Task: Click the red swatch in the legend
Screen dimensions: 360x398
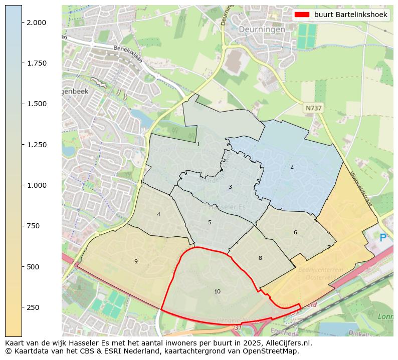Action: click(302, 15)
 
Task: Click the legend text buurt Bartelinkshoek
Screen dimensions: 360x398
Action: click(350, 15)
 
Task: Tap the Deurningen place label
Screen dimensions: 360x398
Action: click(262, 30)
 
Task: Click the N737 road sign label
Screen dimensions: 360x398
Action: click(314, 108)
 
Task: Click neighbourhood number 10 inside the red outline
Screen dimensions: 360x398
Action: click(217, 291)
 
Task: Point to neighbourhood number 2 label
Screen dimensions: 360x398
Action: click(292, 167)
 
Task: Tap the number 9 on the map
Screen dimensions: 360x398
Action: click(136, 261)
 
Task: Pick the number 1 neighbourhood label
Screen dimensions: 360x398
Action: click(198, 144)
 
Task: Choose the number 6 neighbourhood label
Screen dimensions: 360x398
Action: click(295, 232)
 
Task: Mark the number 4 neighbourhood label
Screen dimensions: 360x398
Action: click(158, 214)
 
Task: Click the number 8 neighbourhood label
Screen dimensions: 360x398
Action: click(260, 258)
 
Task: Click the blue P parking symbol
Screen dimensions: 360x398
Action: click(383, 238)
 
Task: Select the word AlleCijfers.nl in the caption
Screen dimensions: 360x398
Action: click(288, 343)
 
